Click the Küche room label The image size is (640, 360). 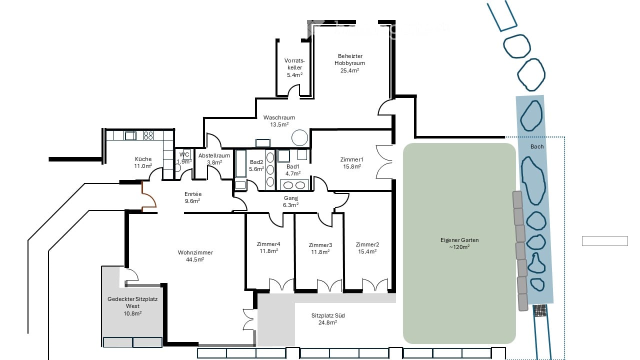[142, 162]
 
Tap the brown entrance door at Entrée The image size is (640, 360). [148, 196]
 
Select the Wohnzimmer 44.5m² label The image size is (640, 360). [195, 256]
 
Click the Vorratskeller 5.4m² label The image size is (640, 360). [294, 67]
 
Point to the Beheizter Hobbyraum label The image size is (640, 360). [349, 63]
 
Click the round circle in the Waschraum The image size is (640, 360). [300, 137]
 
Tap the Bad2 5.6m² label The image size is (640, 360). [256, 165]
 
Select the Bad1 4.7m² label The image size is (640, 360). [292, 170]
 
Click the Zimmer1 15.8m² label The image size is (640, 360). [351, 163]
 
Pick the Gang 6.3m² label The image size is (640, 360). [290, 201]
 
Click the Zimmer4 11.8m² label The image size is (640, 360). [268, 247]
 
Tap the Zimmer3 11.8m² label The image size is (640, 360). [320, 248]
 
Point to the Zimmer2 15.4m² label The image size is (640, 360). [367, 248]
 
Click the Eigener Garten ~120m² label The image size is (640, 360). [459, 243]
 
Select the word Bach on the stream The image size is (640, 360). [537, 146]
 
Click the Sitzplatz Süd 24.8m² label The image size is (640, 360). [328, 319]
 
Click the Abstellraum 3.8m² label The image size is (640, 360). [214, 158]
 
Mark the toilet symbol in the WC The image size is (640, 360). [177, 167]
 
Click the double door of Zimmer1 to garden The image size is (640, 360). [384, 162]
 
